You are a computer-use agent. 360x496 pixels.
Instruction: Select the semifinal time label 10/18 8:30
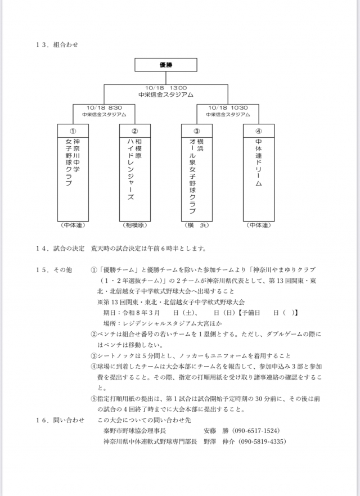coord(105,107)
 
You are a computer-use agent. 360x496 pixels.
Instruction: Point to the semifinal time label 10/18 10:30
coord(228,107)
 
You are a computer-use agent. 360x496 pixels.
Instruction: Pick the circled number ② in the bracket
coord(135,130)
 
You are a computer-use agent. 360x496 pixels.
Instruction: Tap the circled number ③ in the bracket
coord(196,130)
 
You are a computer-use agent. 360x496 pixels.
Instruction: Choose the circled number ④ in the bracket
coord(258,130)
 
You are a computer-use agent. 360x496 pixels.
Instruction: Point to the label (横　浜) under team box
coord(196,225)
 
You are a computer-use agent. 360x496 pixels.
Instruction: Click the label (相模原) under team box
coord(135,225)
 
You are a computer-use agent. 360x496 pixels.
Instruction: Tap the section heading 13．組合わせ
coord(56,44)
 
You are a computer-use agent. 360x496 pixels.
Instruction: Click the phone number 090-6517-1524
coord(255,431)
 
